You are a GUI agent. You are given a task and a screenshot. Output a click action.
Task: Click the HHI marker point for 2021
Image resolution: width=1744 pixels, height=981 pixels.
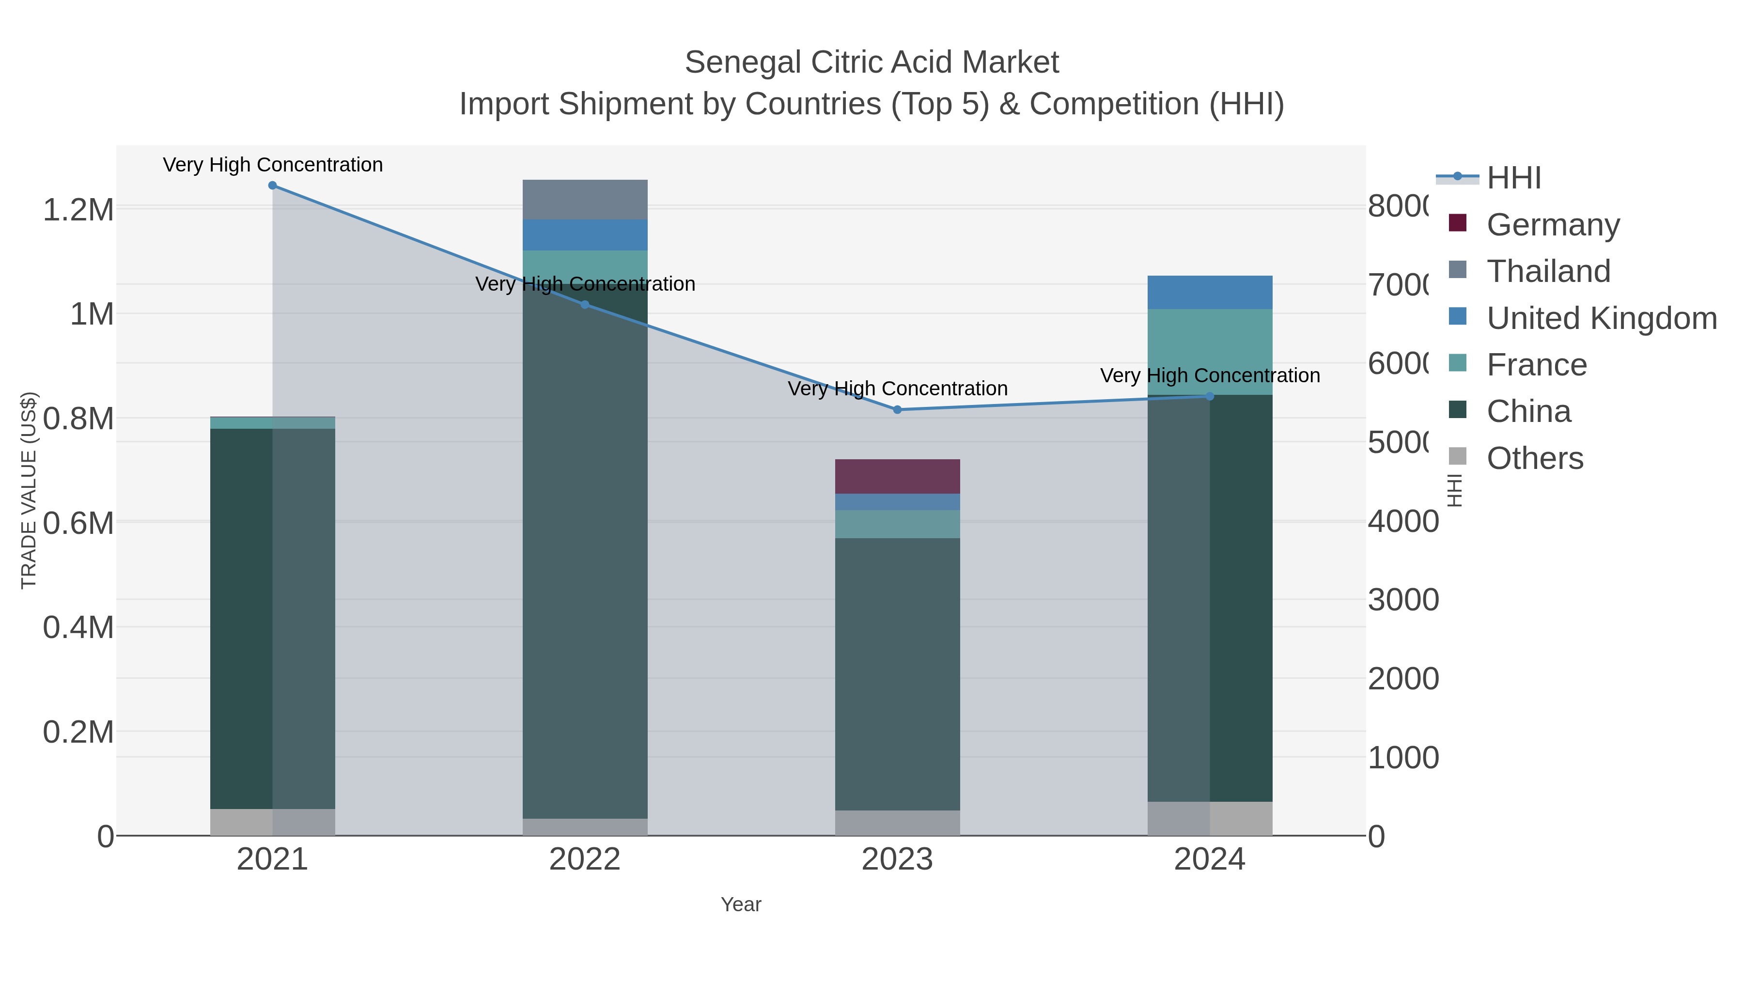272,186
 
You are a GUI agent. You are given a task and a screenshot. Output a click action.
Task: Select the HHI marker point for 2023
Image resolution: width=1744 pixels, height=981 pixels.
897,409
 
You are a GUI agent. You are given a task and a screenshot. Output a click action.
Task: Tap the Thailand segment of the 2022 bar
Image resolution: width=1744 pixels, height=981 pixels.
585,200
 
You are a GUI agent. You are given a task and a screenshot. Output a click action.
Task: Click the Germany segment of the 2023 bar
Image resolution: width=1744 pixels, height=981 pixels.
897,477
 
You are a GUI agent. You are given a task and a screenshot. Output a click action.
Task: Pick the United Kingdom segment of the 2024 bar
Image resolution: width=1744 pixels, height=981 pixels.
1210,293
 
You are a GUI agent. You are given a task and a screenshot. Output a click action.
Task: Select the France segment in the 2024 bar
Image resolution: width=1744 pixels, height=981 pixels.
1210,352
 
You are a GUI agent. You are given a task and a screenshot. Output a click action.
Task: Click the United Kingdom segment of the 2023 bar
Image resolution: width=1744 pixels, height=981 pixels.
897,502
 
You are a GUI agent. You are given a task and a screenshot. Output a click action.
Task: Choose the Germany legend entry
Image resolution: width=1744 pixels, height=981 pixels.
1553,225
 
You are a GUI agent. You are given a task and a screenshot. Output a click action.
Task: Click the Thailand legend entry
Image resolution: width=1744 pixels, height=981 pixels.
1548,271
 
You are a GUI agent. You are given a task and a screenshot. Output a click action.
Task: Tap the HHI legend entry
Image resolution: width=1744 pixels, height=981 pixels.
1514,178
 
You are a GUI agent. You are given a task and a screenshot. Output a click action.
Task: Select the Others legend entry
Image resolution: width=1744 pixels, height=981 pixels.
1534,458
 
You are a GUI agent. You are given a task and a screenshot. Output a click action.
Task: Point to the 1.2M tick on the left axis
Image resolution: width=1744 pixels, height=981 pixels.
78,210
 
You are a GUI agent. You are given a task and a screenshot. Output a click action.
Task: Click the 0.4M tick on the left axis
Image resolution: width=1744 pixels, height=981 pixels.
78,627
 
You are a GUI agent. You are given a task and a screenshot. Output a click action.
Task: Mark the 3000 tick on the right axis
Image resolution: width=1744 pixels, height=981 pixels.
1403,600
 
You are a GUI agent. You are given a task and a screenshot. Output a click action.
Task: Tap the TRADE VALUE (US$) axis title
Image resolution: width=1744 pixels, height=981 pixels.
29,490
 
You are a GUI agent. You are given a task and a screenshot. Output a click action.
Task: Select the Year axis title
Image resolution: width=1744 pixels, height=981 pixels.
741,904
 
